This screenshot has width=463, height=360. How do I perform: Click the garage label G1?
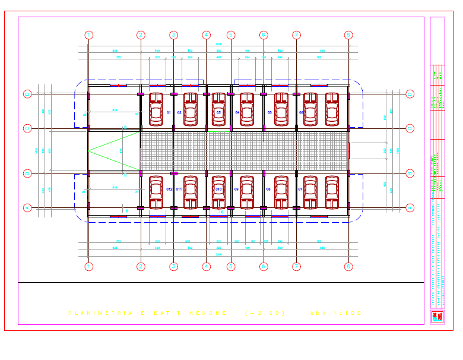(x=169, y=112)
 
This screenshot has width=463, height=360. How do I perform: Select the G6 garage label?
(x=302, y=112)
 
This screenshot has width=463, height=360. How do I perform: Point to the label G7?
(x=301, y=189)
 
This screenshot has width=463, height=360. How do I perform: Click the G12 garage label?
(x=169, y=189)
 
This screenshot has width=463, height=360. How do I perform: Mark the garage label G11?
(x=179, y=189)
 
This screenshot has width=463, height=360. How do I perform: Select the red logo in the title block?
(x=437, y=317)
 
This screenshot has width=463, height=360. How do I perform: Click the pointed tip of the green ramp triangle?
(x=88, y=151)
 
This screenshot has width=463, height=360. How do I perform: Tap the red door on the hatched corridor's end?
(x=350, y=151)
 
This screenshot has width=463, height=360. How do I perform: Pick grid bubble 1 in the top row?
(x=88, y=35)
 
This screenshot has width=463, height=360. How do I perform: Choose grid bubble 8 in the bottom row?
(x=348, y=266)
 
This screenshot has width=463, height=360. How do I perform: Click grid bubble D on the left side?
(x=27, y=94)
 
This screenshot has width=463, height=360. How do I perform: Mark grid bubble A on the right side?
(x=410, y=208)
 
